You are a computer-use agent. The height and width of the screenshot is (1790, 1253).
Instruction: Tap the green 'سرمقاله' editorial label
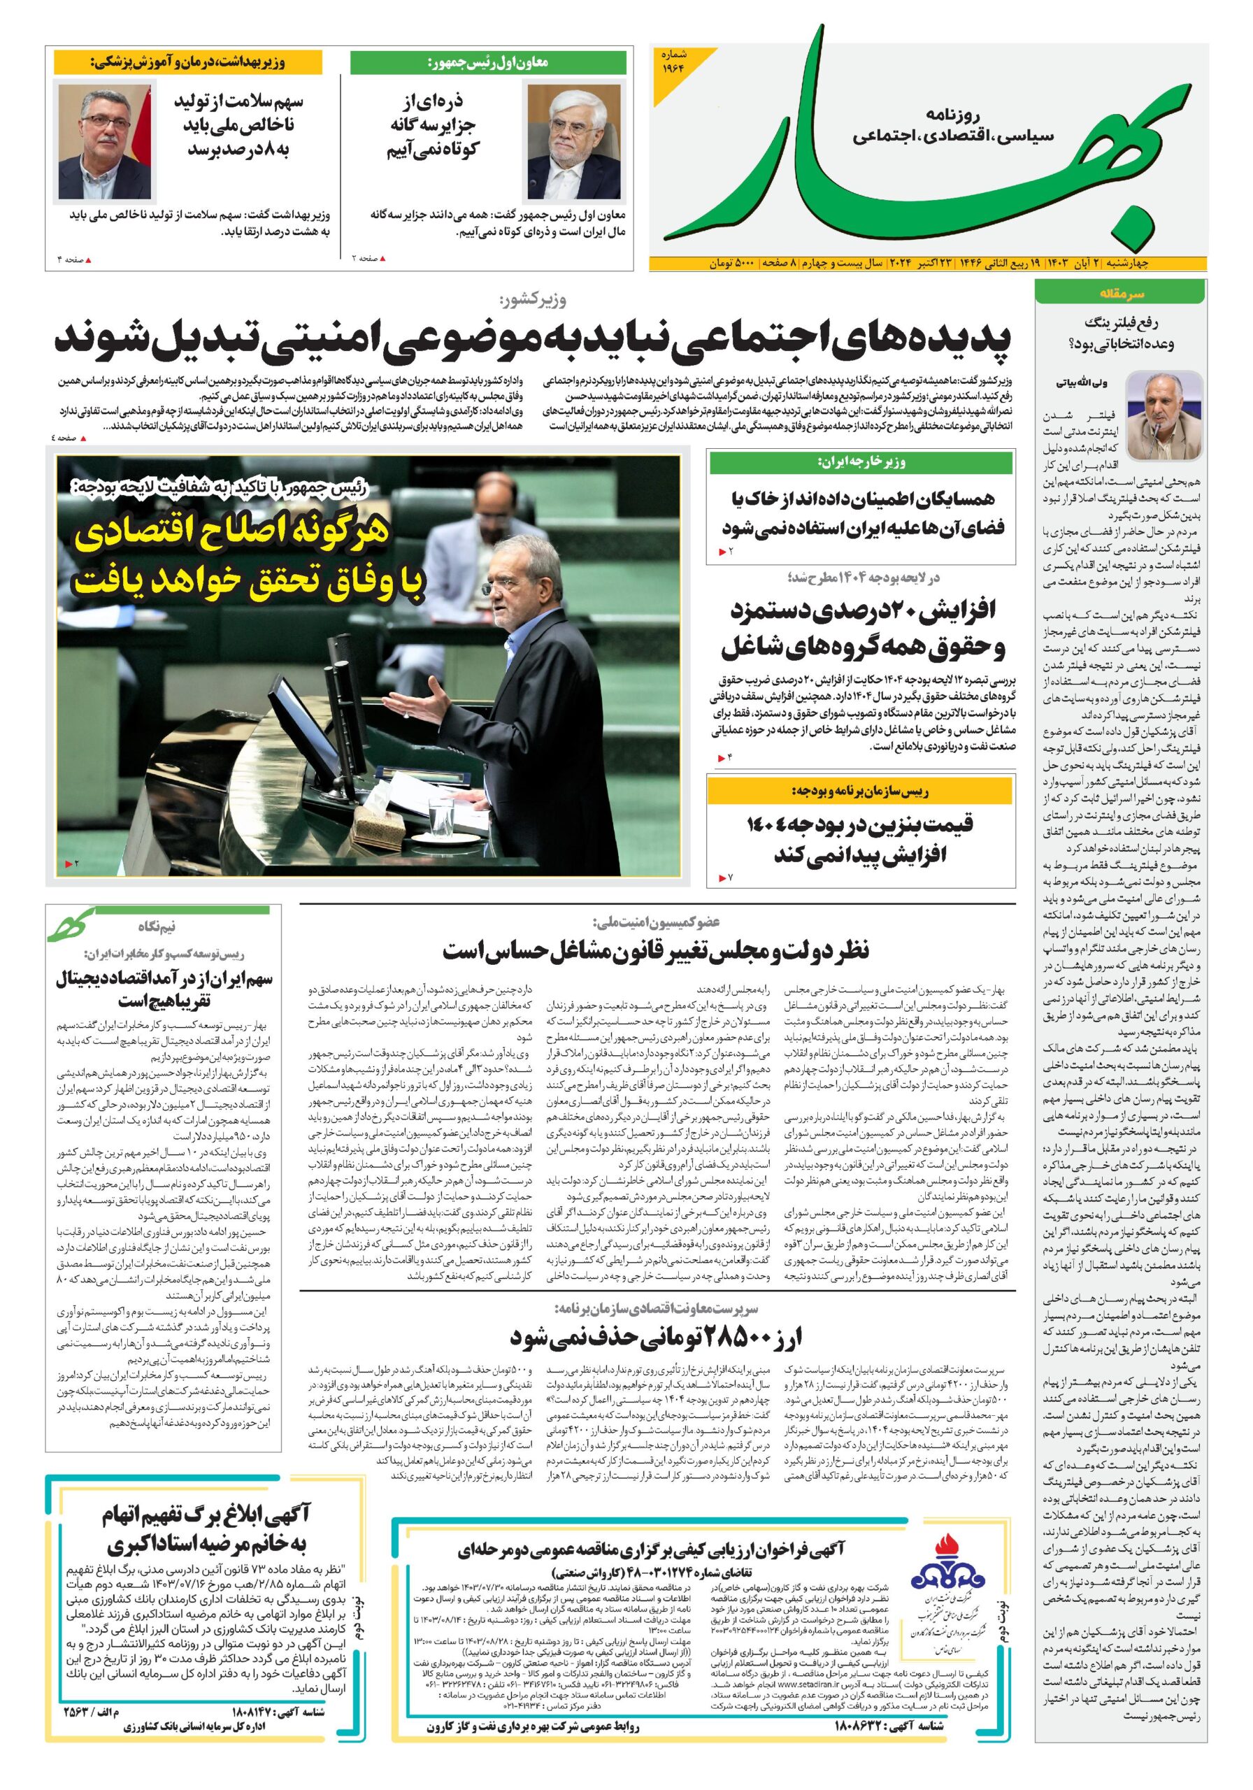(x=1119, y=294)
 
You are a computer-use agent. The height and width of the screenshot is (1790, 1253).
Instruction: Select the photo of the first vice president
(x=575, y=142)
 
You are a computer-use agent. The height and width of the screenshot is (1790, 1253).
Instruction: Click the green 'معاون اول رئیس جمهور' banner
(x=488, y=63)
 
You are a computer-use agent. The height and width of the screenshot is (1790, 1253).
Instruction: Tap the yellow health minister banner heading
(x=187, y=62)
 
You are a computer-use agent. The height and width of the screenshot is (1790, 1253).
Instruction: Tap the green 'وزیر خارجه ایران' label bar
(x=861, y=463)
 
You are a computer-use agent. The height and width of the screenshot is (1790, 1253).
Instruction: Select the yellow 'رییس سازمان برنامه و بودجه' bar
(x=860, y=792)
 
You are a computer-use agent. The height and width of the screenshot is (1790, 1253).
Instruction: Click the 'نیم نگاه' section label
(x=157, y=926)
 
